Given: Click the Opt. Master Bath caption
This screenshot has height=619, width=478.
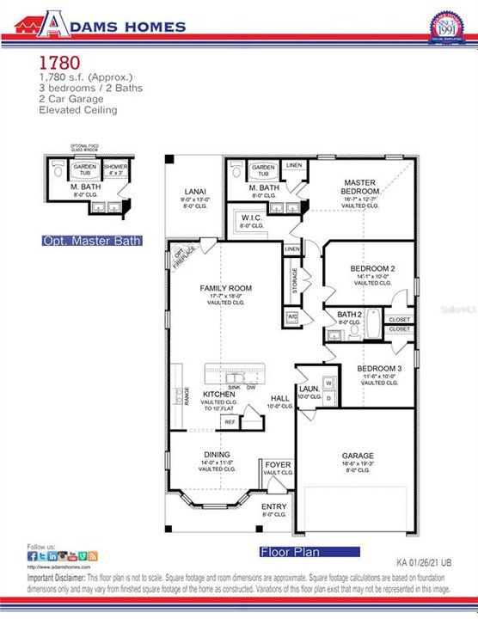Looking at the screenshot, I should point(92,242).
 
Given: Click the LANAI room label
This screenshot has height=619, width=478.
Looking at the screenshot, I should point(194,192).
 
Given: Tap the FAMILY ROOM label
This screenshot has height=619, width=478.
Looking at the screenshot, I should point(225,288).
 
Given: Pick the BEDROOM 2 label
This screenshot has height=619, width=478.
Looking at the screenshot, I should point(372,269).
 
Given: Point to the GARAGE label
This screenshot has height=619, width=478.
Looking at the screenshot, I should point(358,456).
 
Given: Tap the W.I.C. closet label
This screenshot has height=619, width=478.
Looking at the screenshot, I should point(252,218).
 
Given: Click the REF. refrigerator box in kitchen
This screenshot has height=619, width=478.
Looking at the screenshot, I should point(230,422).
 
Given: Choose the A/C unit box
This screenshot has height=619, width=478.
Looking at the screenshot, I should point(292,317).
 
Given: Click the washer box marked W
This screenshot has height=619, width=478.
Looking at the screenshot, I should point(328,383).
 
